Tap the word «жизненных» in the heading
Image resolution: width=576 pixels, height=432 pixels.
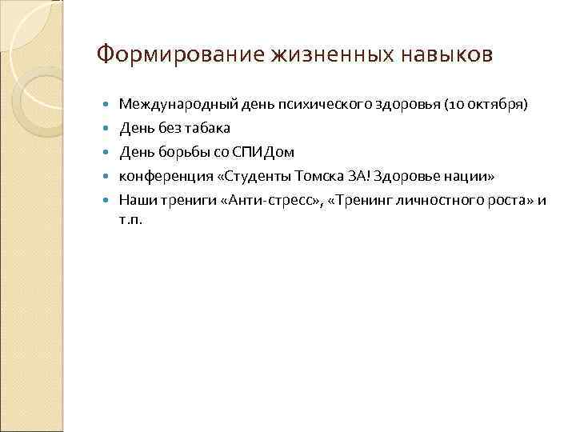313,55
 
